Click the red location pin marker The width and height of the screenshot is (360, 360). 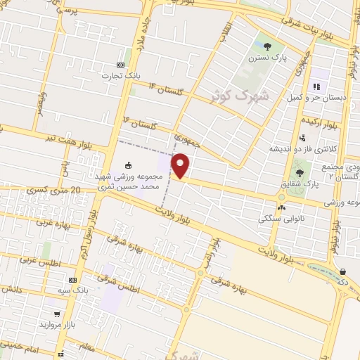point(181,165)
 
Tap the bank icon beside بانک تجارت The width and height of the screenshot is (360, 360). point(120,65)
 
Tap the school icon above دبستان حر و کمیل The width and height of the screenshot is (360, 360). point(316,86)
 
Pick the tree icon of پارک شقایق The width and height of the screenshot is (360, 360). point(301,171)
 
